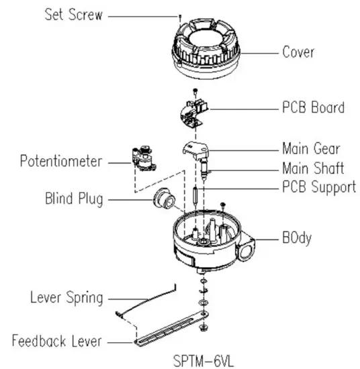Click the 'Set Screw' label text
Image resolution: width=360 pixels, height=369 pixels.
(73, 15)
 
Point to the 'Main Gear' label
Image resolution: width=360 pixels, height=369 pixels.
(310, 148)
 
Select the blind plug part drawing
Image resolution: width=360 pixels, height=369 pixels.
(163, 199)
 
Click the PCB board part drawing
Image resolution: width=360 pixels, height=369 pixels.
(194, 110)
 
